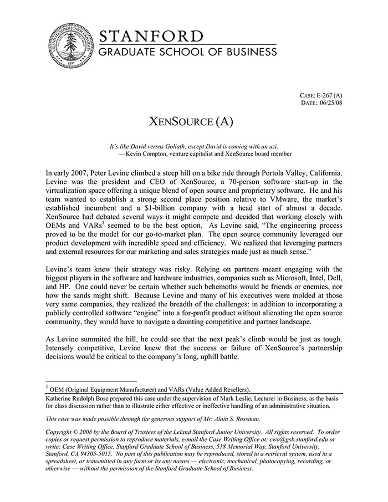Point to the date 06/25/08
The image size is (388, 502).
(x=331, y=103)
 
